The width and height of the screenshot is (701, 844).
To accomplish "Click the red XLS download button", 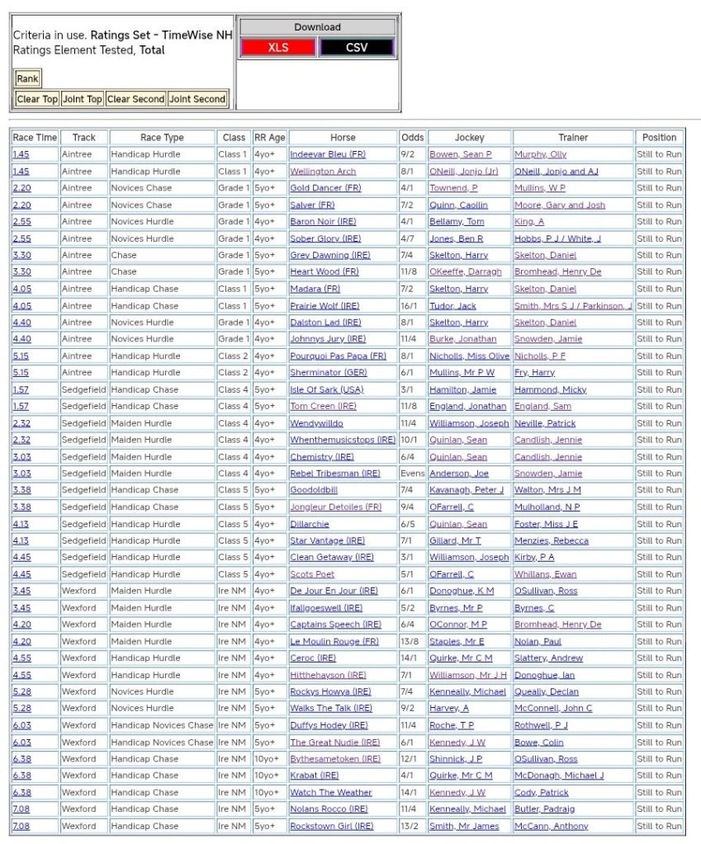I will pos(278,48).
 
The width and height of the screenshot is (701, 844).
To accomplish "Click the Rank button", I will pos(27,79).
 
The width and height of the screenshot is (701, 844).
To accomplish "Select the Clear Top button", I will pos(37,99).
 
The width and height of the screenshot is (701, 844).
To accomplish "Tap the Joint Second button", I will pos(197,99).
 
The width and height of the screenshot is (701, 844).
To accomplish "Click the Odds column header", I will pos(412,138).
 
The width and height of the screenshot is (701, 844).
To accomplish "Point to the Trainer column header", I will pos(573,138).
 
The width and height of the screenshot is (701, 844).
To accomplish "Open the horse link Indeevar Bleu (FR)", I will pos(327,154).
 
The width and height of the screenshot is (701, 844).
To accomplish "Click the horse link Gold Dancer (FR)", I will pos(325,188).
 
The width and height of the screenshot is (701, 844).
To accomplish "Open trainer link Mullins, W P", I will pos(540,188).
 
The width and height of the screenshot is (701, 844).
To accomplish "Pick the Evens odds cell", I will pos(412,474).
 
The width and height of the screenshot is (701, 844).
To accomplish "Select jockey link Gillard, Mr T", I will pos(455,540).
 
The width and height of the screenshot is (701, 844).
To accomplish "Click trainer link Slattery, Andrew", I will pos(548,658).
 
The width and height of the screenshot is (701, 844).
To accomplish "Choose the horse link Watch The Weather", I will pos(330,793).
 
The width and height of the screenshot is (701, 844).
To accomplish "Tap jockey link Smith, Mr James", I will pos(464,826).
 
